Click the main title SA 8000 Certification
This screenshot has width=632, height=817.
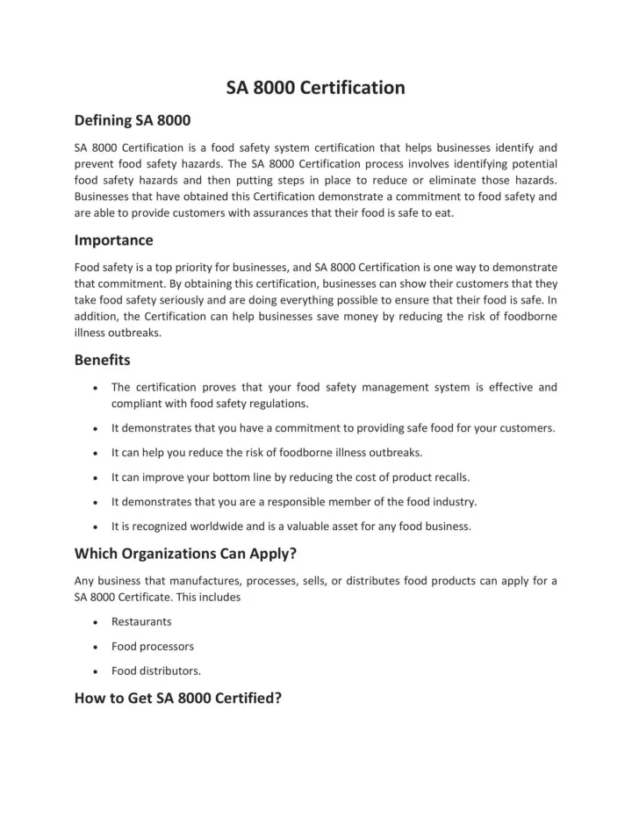[316, 88]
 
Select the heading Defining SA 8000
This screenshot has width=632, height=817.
[133, 119]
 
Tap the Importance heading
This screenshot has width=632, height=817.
[113, 240]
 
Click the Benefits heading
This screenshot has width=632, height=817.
[103, 360]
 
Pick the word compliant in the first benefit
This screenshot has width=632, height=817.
[137, 404]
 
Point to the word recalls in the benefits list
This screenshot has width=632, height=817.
[448, 477]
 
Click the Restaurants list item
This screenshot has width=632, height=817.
[141, 621]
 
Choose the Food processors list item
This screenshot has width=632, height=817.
[153, 646]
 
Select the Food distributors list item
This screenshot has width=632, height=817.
[155, 670]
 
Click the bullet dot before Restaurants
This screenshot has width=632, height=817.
[94, 622]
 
